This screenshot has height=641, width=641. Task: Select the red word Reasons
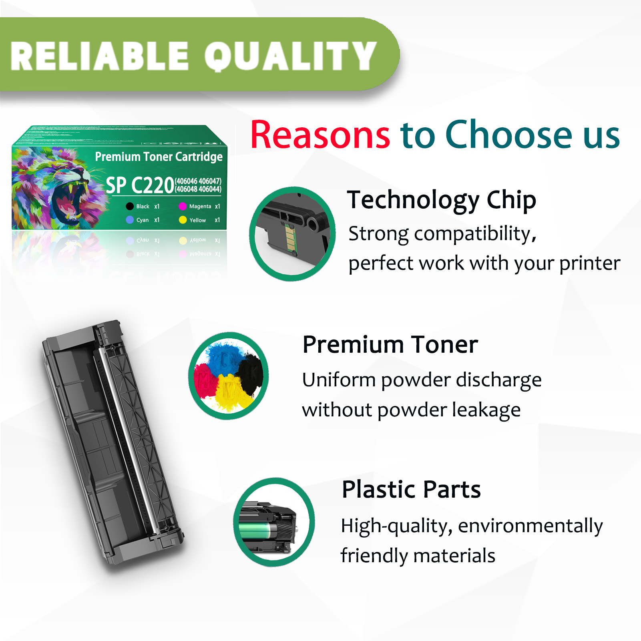tap(320, 135)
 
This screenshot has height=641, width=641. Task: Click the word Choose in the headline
tap(509, 135)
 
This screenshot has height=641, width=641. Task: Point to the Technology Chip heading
tap(441, 200)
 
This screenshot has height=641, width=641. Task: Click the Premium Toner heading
tap(390, 345)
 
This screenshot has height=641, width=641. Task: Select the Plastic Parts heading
tap(411, 489)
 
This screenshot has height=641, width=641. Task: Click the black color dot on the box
tap(130, 206)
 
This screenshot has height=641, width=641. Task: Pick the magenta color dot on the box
tap(183, 206)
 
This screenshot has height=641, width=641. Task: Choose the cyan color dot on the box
tap(130, 220)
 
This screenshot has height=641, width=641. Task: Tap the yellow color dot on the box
tap(183, 220)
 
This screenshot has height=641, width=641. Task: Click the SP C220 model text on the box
tap(139, 185)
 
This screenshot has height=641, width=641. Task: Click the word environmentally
tap(530, 526)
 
